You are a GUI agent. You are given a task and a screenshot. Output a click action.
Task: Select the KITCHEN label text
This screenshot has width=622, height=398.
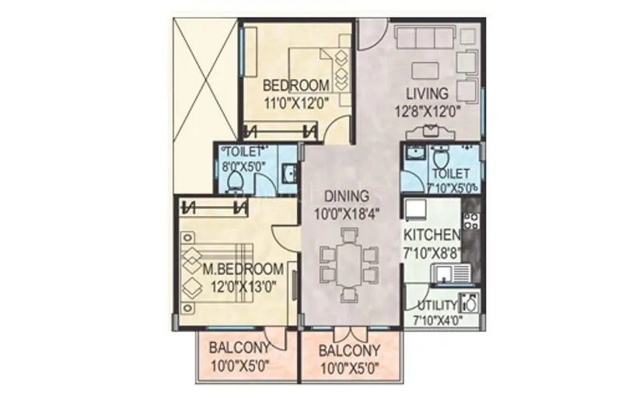(432, 234)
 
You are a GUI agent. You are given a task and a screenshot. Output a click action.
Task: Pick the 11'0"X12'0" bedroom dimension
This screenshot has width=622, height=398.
(296, 101)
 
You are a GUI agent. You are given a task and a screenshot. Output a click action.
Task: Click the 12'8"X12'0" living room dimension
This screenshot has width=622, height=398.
(428, 110)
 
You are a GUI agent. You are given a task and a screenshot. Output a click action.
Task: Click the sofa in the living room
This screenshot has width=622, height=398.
(425, 39)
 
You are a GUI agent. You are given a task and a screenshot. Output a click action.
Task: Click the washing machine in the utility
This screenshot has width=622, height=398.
(469, 302)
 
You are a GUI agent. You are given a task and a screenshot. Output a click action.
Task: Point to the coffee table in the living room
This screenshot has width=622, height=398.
(425, 70)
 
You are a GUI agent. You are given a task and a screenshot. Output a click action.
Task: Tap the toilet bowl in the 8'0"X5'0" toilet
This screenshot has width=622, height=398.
(236, 182)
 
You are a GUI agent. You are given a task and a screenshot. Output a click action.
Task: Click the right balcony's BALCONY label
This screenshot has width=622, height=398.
(350, 351)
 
